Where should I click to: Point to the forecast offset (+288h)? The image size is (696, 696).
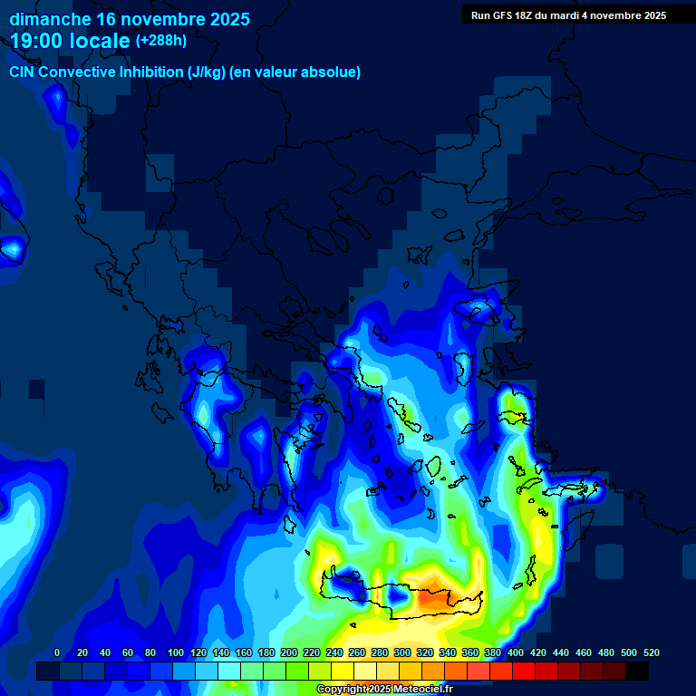(x=161, y=41)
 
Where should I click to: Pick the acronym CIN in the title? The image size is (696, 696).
(x=22, y=72)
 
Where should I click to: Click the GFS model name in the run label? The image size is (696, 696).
(x=507, y=15)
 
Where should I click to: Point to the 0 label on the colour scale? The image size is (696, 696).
(x=57, y=652)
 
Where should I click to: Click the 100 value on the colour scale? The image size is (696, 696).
(x=176, y=652)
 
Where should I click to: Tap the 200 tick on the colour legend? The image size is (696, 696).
(x=289, y=652)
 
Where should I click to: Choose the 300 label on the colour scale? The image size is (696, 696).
(x=402, y=652)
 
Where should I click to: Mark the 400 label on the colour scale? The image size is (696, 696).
(x=516, y=652)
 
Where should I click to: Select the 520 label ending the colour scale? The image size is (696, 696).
(x=651, y=652)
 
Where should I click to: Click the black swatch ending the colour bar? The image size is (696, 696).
(x=637, y=672)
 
